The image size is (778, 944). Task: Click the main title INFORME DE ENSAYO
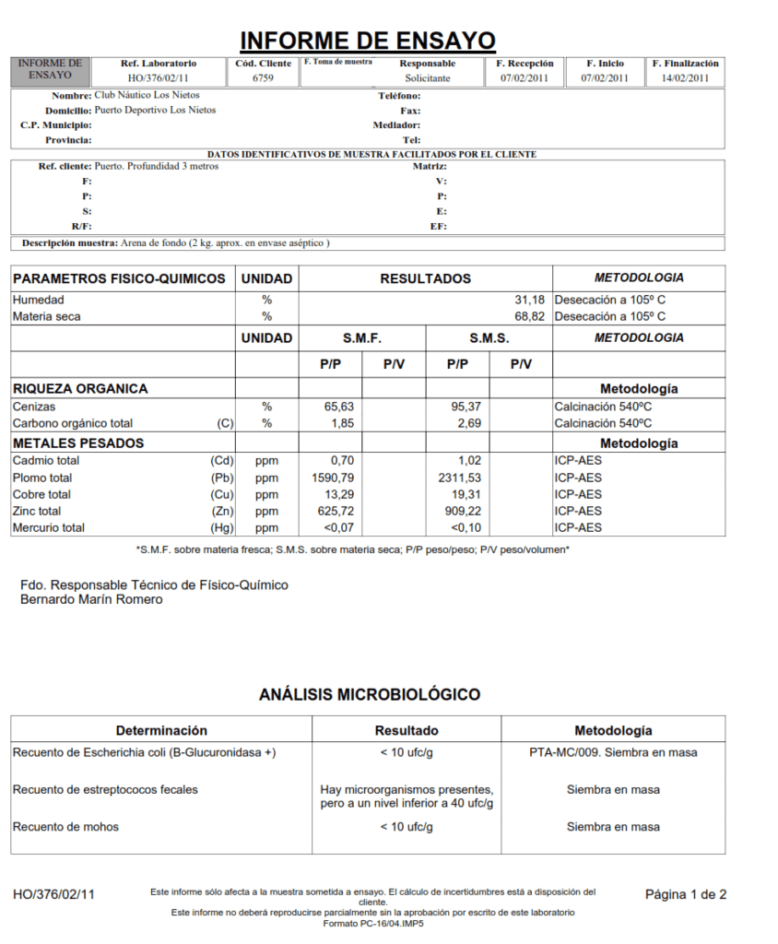coord(368,41)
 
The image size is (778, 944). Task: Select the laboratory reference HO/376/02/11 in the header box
coord(158,78)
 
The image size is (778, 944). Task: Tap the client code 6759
coord(263,78)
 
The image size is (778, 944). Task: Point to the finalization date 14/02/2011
coord(685,78)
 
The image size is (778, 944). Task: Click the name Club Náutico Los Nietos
coord(147,95)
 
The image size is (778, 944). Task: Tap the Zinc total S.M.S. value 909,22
coord(460,511)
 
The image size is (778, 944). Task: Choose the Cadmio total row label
coord(46,460)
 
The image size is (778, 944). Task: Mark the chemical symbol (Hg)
coord(222,527)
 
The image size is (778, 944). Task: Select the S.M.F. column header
coord(361,338)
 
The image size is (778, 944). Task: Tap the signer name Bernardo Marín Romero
coord(91,599)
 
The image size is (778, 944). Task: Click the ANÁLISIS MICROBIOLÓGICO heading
coord(369,694)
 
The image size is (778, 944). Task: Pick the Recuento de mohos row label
coord(65,827)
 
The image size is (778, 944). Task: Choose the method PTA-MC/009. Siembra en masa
coord(613,752)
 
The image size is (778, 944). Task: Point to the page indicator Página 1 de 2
coord(685,894)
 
